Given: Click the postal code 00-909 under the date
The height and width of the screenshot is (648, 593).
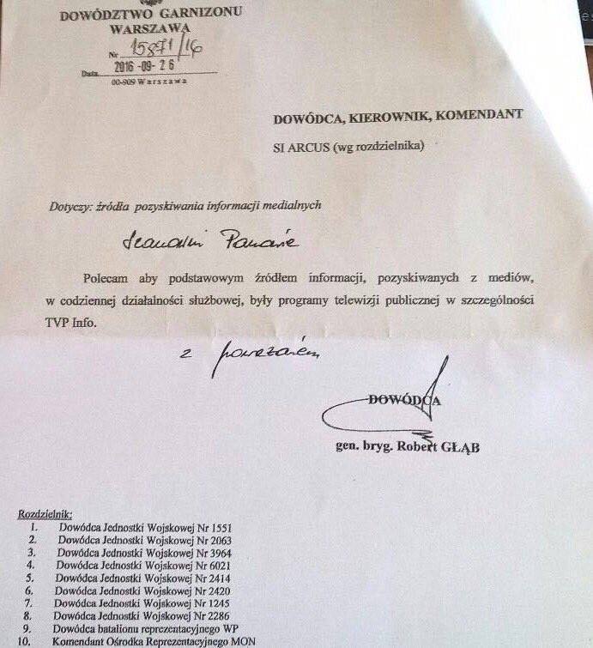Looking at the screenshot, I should click(x=125, y=82).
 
